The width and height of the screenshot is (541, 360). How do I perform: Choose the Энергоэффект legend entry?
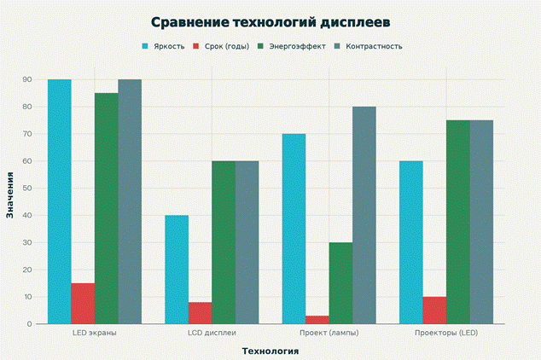pyautogui.click(x=295, y=46)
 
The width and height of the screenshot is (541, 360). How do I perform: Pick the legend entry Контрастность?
pyautogui.click(x=371, y=46)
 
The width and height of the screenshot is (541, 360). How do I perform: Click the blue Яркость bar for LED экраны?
pyautogui.click(x=60, y=201)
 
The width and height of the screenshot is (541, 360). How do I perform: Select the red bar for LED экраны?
pyautogui.click(x=83, y=304)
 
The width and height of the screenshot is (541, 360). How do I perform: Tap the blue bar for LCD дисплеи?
pyautogui.click(x=177, y=270)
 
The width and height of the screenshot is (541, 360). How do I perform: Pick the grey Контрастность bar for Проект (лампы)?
pyautogui.click(x=364, y=215)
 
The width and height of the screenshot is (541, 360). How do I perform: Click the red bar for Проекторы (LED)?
pyautogui.click(x=434, y=311)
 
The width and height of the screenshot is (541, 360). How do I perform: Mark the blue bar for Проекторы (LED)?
pyautogui.click(x=411, y=242)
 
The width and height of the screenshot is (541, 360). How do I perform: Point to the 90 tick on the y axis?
pyautogui.click(x=27, y=79)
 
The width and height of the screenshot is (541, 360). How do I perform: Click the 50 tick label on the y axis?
pyautogui.click(x=27, y=189)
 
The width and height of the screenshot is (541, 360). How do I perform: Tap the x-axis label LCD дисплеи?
pyautogui.click(x=212, y=333)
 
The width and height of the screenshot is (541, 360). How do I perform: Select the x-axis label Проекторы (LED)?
pyautogui.click(x=446, y=333)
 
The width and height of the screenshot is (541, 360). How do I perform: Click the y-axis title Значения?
pyautogui.click(x=10, y=195)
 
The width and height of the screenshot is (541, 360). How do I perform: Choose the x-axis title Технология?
pyautogui.click(x=270, y=350)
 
